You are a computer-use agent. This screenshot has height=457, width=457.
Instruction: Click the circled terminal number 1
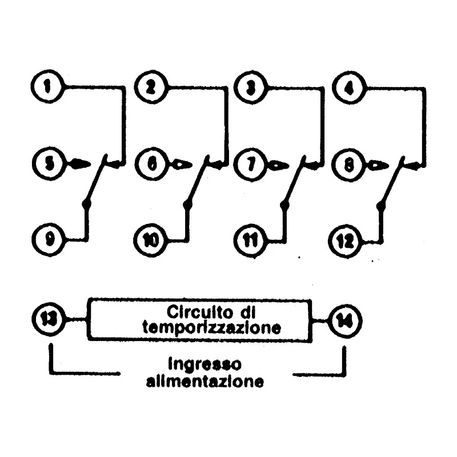click(x=47, y=87)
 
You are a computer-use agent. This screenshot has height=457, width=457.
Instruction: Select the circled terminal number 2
click(x=151, y=87)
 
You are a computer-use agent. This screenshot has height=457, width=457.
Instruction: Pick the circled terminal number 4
click(x=349, y=88)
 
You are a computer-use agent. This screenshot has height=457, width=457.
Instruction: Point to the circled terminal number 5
click(x=49, y=164)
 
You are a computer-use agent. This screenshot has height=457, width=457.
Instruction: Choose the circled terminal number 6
click(x=152, y=165)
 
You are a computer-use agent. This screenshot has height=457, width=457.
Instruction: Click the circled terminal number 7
click(x=251, y=165)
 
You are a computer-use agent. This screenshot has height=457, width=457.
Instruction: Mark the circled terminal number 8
click(x=348, y=165)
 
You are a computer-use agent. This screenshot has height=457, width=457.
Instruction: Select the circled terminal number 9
click(x=49, y=239)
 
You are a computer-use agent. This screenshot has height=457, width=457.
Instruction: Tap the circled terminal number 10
click(x=150, y=240)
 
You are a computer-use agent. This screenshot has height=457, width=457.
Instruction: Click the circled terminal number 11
click(x=251, y=241)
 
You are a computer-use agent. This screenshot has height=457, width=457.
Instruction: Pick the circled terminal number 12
click(x=346, y=241)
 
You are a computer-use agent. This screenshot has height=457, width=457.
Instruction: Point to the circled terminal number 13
click(x=49, y=319)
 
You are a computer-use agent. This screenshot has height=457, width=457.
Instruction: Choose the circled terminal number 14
click(x=346, y=320)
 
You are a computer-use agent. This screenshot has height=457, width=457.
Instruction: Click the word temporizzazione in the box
click(x=212, y=327)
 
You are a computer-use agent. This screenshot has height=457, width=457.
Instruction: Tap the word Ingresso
click(x=205, y=364)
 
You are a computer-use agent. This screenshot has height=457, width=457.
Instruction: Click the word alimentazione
click(x=205, y=381)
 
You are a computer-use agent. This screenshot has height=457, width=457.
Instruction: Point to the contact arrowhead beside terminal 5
click(x=79, y=163)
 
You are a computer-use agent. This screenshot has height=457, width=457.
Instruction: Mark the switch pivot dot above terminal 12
click(x=380, y=206)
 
